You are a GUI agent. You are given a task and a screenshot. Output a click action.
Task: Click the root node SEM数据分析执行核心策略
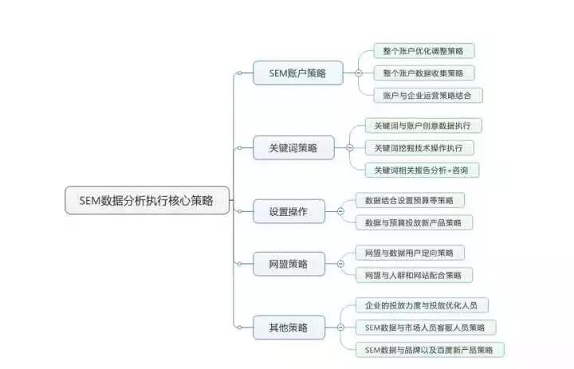[147, 200]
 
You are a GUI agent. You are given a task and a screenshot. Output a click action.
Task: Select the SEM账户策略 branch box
[298, 73]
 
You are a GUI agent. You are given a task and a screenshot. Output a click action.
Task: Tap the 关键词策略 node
[293, 148]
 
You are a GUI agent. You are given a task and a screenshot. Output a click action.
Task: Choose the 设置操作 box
[289, 211]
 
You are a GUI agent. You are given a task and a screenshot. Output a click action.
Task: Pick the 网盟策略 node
[289, 264]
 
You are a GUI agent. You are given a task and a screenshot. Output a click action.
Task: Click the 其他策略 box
[289, 328]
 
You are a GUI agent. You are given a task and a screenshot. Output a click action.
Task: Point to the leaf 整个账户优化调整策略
[424, 51]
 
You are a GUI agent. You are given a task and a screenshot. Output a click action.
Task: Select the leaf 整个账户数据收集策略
[424, 73]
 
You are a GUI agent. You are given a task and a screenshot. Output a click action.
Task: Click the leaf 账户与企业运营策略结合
[428, 96]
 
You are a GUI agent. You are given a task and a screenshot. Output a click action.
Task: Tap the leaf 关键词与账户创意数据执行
[423, 126]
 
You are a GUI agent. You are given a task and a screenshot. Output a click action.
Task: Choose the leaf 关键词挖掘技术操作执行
[419, 148]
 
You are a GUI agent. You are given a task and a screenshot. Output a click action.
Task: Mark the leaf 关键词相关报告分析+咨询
[422, 171]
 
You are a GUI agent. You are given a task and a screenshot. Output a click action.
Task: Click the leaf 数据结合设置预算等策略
[410, 200]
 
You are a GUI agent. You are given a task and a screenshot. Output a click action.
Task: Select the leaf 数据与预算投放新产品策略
[414, 222]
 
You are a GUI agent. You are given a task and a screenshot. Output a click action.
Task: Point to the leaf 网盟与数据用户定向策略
[410, 253]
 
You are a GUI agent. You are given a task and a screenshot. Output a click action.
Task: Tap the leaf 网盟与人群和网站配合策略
[414, 275]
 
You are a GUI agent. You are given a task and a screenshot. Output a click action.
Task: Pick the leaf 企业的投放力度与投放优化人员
[422, 305]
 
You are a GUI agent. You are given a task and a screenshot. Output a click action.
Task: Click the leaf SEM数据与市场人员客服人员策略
[426, 328]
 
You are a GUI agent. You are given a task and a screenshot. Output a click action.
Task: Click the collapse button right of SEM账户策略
[359, 73]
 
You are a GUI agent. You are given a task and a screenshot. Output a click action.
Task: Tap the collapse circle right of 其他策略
[340, 328]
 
